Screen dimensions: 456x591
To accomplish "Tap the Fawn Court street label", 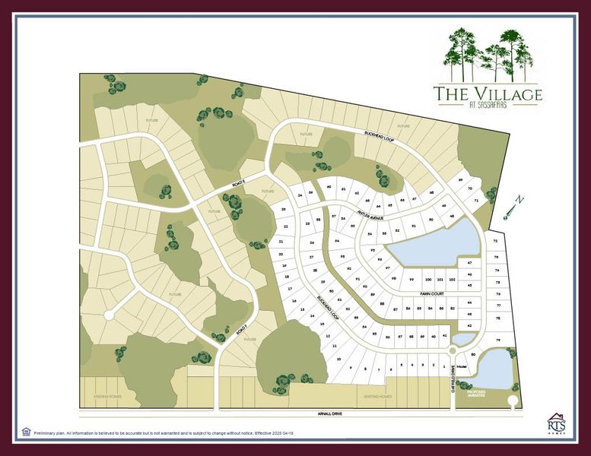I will (428, 292).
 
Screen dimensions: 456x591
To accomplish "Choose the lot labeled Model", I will (462, 366).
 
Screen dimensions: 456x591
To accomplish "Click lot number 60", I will (329, 186).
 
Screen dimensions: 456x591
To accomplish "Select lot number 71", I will (476, 201).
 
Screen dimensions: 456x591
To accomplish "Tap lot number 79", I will (499, 340).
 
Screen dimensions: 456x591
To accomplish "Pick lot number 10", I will (338, 358).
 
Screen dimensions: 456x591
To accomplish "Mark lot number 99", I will (411, 280).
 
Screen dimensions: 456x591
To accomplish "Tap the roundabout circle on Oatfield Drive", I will (453, 350).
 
